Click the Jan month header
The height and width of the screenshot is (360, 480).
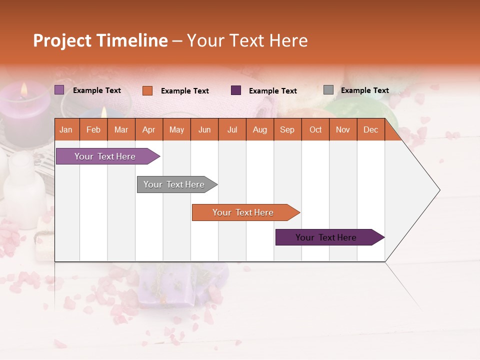point(66,130)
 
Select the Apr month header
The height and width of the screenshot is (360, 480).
point(148,130)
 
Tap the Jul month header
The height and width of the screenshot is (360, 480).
point(232,130)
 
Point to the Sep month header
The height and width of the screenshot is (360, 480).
point(287,130)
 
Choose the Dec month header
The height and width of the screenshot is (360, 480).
point(370,130)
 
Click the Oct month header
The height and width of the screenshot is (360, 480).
point(315,130)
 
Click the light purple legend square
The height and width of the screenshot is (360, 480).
point(59,90)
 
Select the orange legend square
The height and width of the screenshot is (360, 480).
point(147,90)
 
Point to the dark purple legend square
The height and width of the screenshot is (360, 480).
point(236,90)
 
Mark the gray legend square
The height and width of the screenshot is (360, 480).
point(328,90)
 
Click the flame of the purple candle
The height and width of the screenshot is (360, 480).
point(23,90)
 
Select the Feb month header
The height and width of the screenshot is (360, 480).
point(93,130)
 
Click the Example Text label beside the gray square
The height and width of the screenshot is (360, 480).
point(364,90)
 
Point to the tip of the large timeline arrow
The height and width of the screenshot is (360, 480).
point(439,190)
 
